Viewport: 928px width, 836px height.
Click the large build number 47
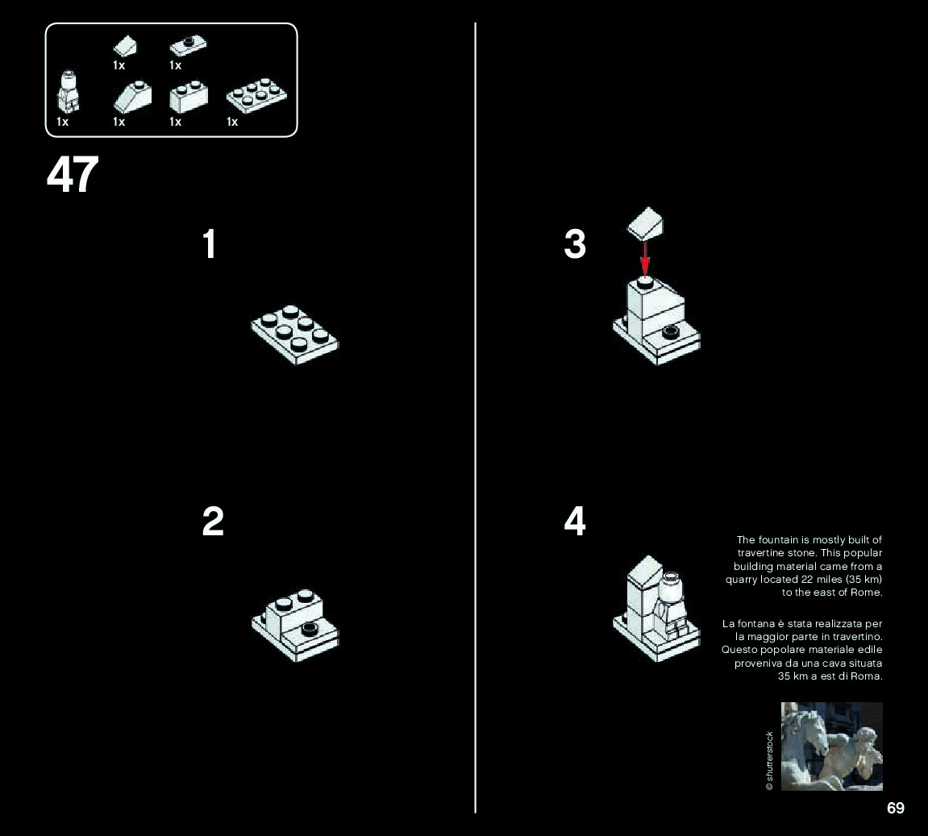point(73,175)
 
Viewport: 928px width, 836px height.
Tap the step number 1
point(210,244)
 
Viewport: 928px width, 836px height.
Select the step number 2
point(213,522)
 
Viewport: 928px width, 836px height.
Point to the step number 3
point(575,244)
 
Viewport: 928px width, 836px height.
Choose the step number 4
point(575,522)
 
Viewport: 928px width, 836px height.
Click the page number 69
point(895,808)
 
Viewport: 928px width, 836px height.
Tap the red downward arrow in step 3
point(645,258)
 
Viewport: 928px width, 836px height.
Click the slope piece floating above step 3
point(647,223)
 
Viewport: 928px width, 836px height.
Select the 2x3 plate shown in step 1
point(295,335)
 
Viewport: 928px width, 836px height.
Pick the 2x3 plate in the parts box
point(257,98)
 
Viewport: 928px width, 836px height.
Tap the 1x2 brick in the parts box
point(189,98)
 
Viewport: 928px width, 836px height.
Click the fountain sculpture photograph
point(831,746)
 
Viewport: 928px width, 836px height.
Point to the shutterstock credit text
point(769,760)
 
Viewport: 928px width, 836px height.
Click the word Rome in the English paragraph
point(868,593)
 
